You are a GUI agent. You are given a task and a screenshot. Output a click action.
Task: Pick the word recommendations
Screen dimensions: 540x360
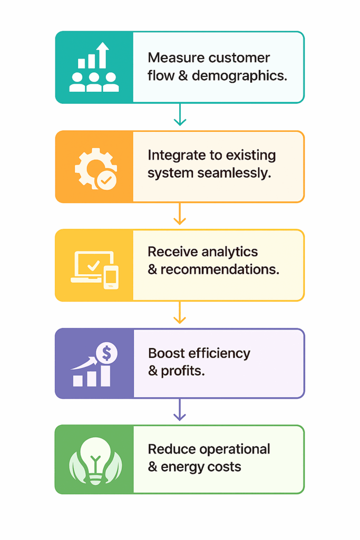click(x=220, y=269)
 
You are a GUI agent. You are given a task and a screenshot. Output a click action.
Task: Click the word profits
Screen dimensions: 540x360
click(x=183, y=371)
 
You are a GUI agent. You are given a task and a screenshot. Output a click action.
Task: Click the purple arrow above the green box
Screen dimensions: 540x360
click(x=180, y=410)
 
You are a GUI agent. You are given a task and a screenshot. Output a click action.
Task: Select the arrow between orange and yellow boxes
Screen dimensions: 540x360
click(x=180, y=214)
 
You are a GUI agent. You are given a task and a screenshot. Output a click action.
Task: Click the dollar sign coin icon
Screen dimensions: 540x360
click(x=106, y=352)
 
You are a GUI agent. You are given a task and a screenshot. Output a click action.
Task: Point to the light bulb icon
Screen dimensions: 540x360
click(x=95, y=459)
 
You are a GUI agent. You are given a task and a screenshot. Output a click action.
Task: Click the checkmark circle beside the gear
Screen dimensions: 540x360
click(x=106, y=180)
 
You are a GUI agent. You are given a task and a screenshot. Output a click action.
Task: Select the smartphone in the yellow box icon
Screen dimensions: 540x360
click(x=111, y=277)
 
